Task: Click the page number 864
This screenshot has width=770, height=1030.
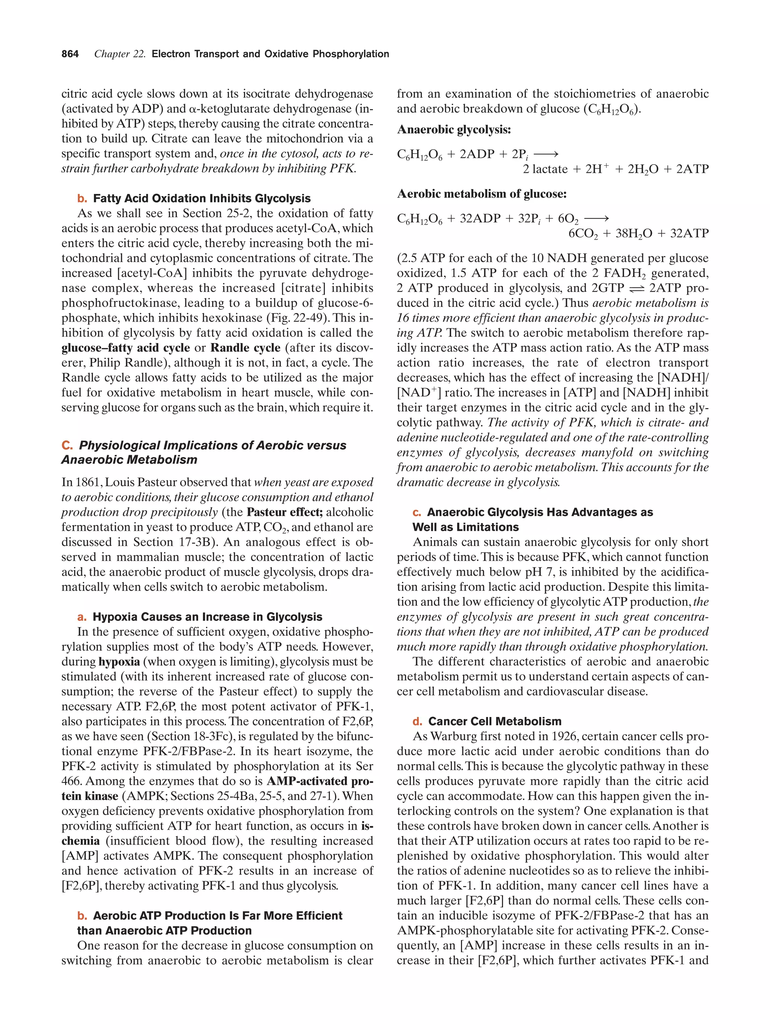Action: click(x=70, y=54)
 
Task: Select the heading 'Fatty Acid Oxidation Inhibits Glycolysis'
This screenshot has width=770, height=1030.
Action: click(x=202, y=198)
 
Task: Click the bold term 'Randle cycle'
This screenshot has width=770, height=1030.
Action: click(x=246, y=348)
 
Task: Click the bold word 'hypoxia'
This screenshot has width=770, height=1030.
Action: click(x=119, y=662)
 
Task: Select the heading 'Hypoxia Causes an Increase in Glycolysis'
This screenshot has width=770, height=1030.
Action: click(x=207, y=617)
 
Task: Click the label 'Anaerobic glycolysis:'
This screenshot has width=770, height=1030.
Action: click(x=454, y=129)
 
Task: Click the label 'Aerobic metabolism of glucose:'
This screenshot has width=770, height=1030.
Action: click(x=482, y=194)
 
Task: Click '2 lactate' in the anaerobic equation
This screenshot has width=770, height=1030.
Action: click(x=544, y=169)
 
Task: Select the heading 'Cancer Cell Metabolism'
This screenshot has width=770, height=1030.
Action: click(x=495, y=721)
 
